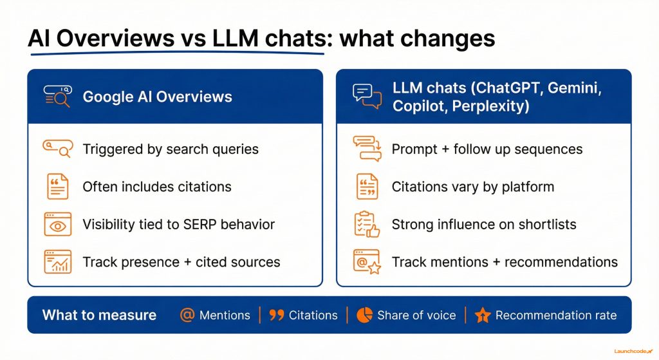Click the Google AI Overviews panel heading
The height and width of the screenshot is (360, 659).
pos(157,97)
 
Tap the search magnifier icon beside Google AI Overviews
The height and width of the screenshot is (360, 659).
pos(57,96)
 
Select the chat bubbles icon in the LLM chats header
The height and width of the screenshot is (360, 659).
pos(367,97)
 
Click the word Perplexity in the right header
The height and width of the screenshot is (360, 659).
pos(490,106)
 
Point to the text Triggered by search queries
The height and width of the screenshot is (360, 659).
pos(171,149)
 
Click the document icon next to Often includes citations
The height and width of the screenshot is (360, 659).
pos(57,186)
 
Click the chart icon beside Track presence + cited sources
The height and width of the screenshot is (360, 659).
pos(57,261)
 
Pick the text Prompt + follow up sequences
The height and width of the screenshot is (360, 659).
pos(487,149)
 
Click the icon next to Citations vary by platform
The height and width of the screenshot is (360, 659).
pos(367,186)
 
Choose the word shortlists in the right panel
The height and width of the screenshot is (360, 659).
pos(548,224)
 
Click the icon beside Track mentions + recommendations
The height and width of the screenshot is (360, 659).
pos(367,261)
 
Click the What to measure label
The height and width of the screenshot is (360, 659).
pos(99,315)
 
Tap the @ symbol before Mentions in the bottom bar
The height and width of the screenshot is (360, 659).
pos(187,315)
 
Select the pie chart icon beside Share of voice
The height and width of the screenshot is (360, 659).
pos(365,315)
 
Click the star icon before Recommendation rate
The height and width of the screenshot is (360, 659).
pos(483,315)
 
